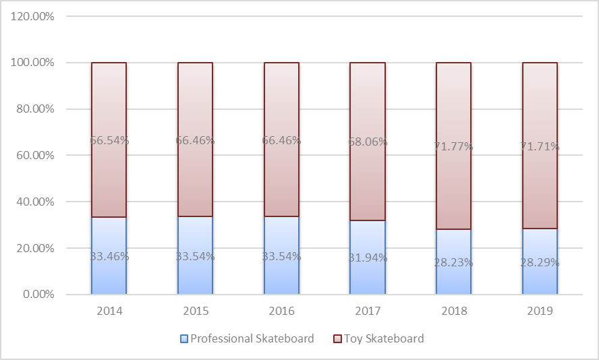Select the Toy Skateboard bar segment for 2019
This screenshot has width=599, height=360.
(540, 108)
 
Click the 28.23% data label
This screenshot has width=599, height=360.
(453, 263)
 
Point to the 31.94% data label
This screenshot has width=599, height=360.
(367, 256)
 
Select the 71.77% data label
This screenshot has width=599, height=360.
(453, 146)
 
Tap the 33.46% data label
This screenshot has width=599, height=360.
(109, 256)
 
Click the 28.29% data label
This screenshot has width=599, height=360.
(540, 263)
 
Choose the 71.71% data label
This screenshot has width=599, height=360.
(540, 146)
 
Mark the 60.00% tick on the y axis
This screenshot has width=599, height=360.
(33, 155)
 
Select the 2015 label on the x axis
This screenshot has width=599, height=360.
(195, 311)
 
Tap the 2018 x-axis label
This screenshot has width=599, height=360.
(453, 311)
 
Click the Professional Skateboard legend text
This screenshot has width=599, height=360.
(252, 338)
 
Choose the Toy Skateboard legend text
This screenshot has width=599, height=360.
(384, 338)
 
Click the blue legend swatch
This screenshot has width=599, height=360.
(183, 338)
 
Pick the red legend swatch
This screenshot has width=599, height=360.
(337, 338)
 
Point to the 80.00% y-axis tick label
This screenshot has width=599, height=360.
(33, 109)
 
